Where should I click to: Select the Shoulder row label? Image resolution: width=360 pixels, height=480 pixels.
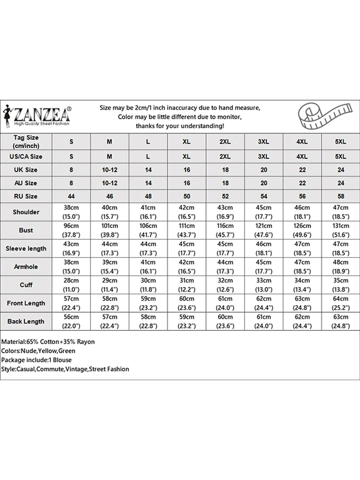26,212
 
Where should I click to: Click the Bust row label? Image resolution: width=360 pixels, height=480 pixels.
26,230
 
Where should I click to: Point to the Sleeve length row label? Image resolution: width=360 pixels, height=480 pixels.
26,249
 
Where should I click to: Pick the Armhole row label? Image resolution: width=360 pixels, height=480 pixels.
26,267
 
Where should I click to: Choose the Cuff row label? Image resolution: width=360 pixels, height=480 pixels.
26,285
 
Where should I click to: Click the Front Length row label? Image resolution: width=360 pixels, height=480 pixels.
26,303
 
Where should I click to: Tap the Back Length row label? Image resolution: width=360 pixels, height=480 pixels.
26,322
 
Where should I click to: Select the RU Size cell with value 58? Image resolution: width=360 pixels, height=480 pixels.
340,196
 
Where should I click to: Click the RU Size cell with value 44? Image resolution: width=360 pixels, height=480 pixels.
72,196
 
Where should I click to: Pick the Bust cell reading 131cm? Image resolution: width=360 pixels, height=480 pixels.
340,226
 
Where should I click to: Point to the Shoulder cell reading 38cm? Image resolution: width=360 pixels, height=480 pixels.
72,208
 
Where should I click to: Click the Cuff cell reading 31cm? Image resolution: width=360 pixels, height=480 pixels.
187,281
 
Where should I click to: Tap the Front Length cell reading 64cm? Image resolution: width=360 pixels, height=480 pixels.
340,299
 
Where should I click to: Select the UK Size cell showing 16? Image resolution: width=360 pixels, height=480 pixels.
187,170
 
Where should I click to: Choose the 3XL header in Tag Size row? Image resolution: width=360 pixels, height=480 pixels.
264,142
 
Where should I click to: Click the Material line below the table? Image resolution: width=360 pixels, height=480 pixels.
48,342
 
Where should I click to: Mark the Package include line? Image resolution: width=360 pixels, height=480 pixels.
36,360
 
